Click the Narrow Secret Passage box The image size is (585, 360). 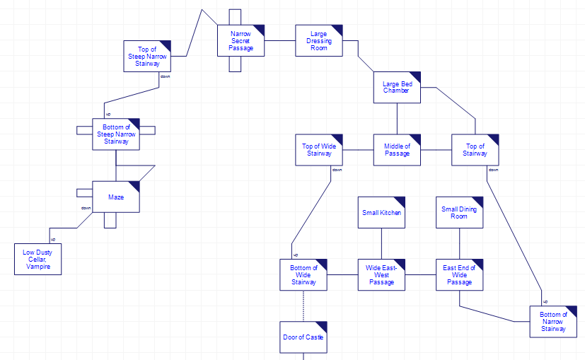click(x=241, y=40)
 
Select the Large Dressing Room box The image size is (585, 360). click(x=319, y=40)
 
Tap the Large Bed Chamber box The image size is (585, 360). click(x=397, y=87)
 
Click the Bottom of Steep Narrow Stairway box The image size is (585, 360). click(x=116, y=134)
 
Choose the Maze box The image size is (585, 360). click(x=116, y=197)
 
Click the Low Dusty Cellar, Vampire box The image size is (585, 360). click(x=37, y=259)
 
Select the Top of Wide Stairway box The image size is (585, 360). click(x=319, y=149)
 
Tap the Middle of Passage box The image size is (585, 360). click(x=397, y=149)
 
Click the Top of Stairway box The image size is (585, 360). click(x=475, y=149)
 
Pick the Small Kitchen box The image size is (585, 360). click(x=381, y=212)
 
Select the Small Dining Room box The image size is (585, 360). click(x=459, y=212)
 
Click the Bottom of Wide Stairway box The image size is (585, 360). click(x=303, y=274)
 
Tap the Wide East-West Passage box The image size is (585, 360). click(x=381, y=274)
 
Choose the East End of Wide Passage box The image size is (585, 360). click(x=459, y=274)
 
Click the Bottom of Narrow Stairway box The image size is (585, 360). click(x=553, y=321)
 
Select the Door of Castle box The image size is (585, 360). click(x=303, y=337)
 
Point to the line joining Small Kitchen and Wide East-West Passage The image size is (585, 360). click(x=381, y=243)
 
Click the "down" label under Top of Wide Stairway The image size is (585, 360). click(x=337, y=170)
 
